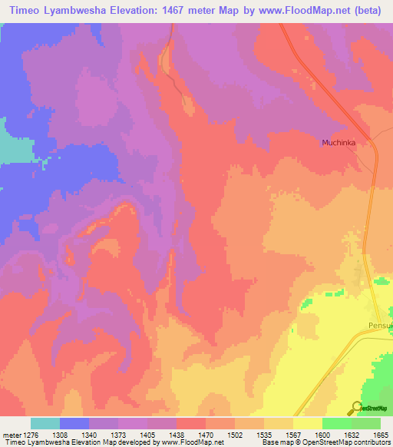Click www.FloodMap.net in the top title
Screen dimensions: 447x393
(x=305, y=11)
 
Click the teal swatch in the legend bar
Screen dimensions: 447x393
(x=45, y=423)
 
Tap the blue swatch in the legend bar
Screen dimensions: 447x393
(x=74, y=423)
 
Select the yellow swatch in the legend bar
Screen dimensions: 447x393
(x=308, y=423)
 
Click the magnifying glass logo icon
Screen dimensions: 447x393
(x=355, y=409)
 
